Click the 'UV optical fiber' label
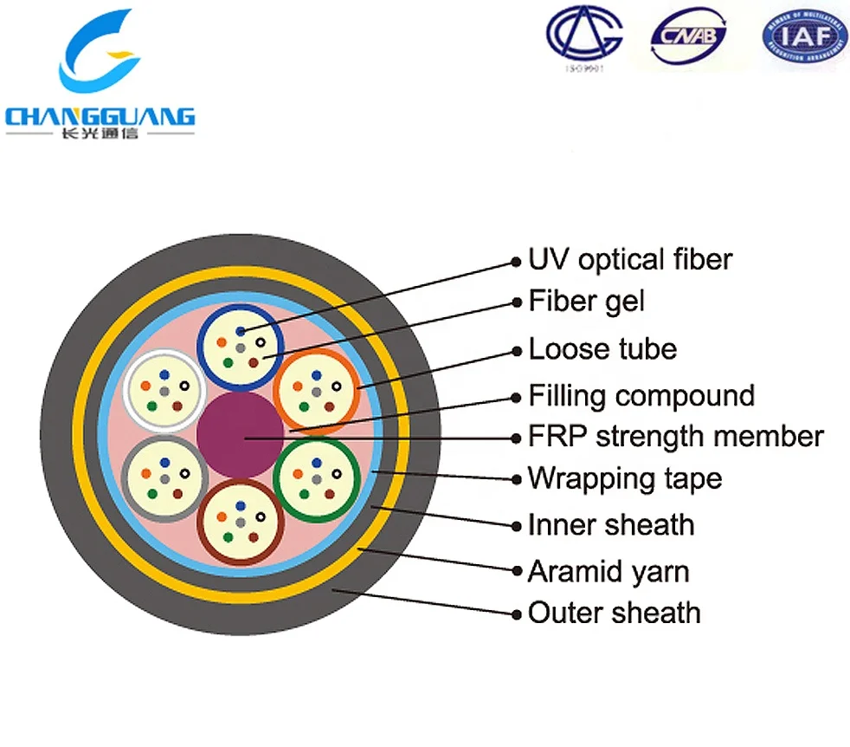[x=630, y=259]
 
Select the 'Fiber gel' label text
[x=587, y=302]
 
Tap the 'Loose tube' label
[x=602, y=349]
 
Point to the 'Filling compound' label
[x=641, y=396]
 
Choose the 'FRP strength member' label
[x=675, y=436]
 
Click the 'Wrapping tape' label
[x=625, y=477]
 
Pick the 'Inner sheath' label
[x=611, y=524]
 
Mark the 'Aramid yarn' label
[x=609, y=571]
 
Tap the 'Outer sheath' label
[x=614, y=613]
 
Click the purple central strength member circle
[x=240, y=434]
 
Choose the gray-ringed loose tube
[x=164, y=478]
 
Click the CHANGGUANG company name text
[x=100, y=116]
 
